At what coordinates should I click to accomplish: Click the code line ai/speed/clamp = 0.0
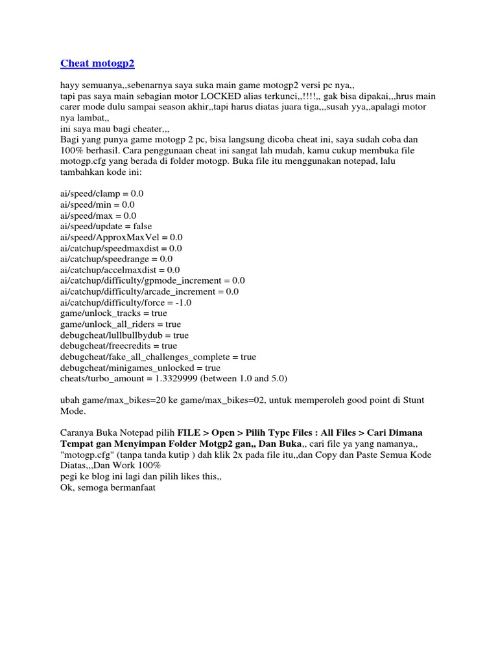point(102,194)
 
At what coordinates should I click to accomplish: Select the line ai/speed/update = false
point(106,226)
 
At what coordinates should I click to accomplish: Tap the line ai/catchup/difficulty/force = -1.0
point(125,302)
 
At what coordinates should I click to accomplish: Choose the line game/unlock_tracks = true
point(113,313)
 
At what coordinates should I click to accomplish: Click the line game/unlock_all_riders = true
point(121,324)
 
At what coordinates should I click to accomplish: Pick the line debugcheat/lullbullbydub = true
point(124,335)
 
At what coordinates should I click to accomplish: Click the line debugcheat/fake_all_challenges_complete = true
point(158,357)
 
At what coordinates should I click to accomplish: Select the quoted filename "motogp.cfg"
point(87,455)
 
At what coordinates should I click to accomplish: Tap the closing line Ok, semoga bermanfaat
point(108,488)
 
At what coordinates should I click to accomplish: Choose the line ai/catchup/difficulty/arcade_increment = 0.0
point(149,291)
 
